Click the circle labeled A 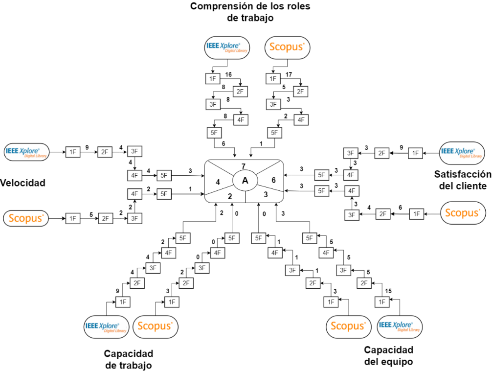click(x=245, y=181)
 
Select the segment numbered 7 click(x=244, y=166)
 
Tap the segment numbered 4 click(x=218, y=182)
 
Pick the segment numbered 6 click(x=273, y=180)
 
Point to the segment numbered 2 click(x=230, y=196)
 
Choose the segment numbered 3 click(x=266, y=194)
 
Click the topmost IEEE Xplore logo click(x=227, y=47)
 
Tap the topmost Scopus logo click(x=288, y=47)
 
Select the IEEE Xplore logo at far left click(x=27, y=152)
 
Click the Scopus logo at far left click(x=26, y=218)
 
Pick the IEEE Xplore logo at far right click(x=462, y=153)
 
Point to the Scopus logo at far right click(x=463, y=213)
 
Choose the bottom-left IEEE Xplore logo click(x=106, y=326)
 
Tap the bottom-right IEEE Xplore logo click(x=400, y=326)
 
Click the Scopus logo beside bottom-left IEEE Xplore click(x=155, y=326)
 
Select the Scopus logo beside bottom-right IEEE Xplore click(x=348, y=326)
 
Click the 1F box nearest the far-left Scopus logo click(x=73, y=218)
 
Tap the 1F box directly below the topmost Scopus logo click(x=273, y=78)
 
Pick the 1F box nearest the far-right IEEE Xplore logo click(x=416, y=153)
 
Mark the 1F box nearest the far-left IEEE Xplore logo click(x=73, y=152)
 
